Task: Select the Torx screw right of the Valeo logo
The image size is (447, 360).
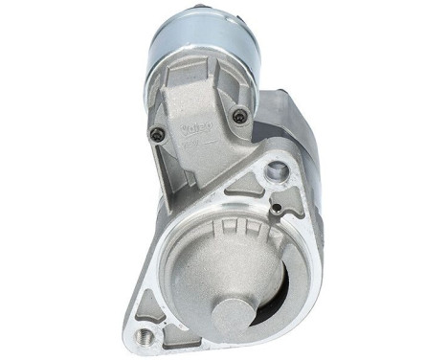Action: (x=239, y=117)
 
